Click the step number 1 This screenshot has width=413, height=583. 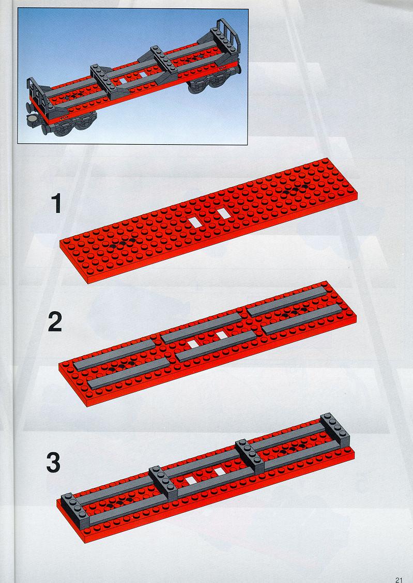coord(56,204)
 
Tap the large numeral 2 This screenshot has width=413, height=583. coord(55,322)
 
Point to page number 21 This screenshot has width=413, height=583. coord(399,579)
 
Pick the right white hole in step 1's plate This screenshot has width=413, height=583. coord(223,212)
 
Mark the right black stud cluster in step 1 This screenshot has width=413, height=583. coord(296,189)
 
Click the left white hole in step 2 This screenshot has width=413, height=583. coord(193,344)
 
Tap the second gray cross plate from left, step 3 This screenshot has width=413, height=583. coord(164,483)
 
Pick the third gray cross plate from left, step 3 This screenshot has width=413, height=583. coord(250,456)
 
